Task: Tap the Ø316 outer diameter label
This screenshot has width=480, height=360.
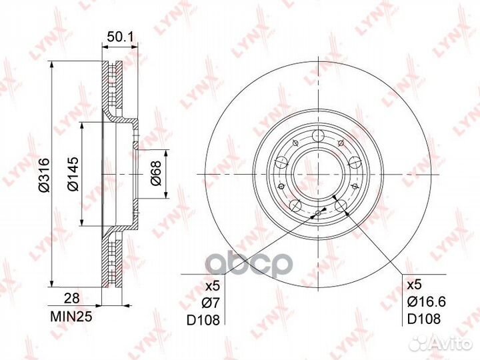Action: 44,175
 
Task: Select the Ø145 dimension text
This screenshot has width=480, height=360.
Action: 73,174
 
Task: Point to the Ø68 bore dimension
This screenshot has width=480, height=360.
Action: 156,173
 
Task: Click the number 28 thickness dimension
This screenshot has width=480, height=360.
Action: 71,298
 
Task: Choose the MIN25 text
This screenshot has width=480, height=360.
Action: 71,317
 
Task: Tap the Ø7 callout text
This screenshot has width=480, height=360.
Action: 211,303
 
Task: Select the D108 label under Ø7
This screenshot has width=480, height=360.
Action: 203,320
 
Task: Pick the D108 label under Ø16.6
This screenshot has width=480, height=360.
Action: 424,319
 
